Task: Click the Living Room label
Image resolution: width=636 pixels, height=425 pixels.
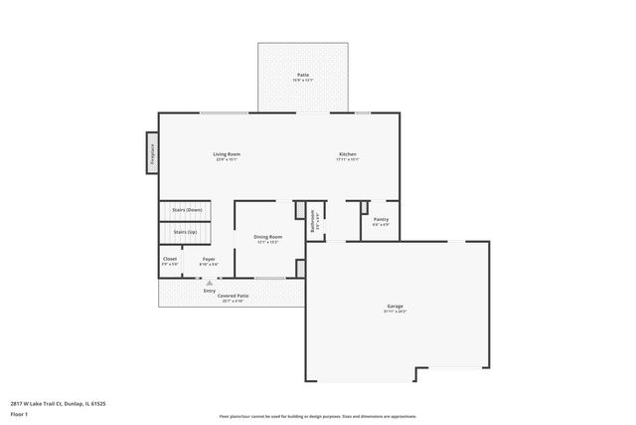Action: pos(228,154)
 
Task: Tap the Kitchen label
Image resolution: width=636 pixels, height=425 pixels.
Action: pos(348,154)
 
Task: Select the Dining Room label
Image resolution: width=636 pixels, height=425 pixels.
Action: pos(268,237)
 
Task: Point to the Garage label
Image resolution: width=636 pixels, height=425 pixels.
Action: pos(395,306)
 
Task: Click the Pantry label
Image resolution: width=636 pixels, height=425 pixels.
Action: pos(381,219)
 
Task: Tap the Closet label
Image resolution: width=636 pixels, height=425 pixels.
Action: pos(170,259)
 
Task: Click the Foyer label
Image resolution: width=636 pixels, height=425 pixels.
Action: pos(209,259)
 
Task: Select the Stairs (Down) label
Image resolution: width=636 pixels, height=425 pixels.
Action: pos(187,210)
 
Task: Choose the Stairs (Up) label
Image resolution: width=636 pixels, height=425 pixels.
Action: pos(186,232)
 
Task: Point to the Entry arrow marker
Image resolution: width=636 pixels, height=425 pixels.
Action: pos(210,283)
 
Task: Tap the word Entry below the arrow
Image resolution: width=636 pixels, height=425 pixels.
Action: pos(210,291)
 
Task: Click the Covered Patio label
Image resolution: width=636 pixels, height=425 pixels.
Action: pos(234,296)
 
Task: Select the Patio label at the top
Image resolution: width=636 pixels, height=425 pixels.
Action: pos(302,75)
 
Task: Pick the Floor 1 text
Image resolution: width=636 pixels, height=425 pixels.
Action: pos(18,413)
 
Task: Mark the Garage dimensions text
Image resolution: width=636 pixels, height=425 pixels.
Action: pos(395,312)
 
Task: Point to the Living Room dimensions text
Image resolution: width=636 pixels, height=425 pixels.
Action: pos(228,159)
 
